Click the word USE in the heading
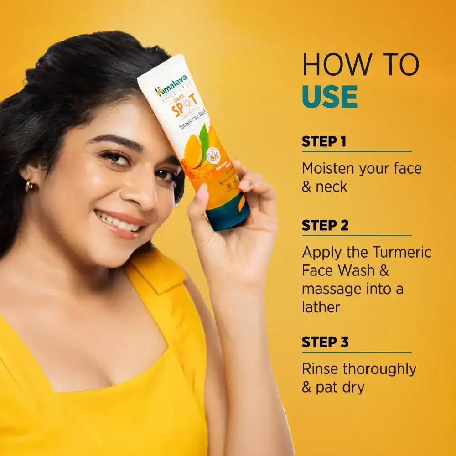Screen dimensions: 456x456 (x=330, y=96)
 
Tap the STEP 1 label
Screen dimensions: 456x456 (x=324, y=142)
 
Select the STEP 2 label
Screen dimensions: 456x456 (x=325, y=225)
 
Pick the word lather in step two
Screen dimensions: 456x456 (x=321, y=307)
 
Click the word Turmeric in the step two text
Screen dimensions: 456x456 (x=402, y=252)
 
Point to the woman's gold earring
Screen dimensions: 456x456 (x=29, y=186)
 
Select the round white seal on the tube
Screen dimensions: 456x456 (x=213, y=155)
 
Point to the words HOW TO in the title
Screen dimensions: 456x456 (x=360, y=65)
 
